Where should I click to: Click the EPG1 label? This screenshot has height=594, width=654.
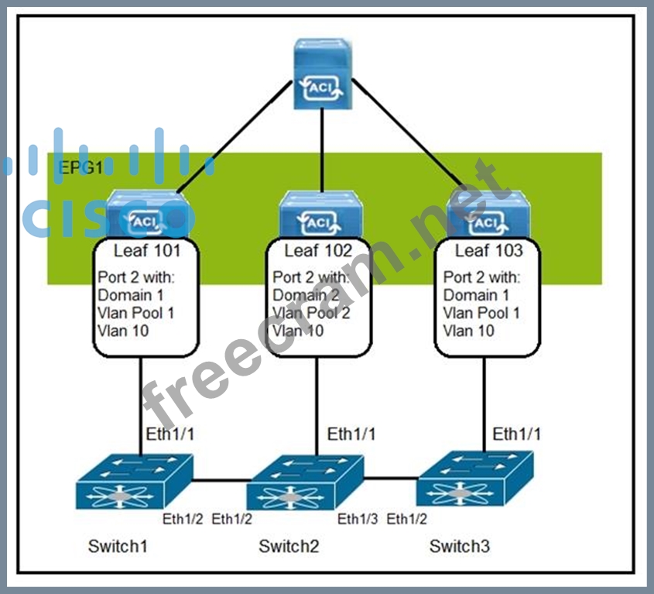coord(80,167)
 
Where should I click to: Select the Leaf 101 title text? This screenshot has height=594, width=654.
coord(147,250)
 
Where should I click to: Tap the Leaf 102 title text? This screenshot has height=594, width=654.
coord(318,250)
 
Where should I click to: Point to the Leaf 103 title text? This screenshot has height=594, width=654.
coord(488,250)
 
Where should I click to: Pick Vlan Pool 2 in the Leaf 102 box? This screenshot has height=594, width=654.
coord(311,313)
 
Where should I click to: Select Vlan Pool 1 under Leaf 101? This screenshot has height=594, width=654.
coord(136,313)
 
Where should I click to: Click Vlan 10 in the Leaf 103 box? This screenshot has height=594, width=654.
coord(470,331)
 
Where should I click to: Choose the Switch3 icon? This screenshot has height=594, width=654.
coord(475,479)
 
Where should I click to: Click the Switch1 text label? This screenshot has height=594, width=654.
coord(118,547)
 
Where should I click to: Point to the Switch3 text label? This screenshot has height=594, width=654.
coord(460,547)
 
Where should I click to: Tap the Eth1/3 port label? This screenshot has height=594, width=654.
coord(358,518)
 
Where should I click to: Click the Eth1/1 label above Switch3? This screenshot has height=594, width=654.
coord(516,434)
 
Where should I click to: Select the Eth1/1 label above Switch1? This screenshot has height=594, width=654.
coord(170,434)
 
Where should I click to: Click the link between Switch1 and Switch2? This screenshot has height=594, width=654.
coord(221,480)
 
